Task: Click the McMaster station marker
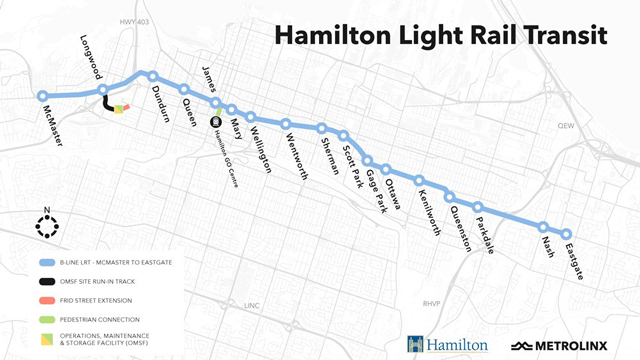coord(42,96)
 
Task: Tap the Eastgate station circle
coord(567,230)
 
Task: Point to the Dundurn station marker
coord(153,76)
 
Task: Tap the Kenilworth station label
coord(429,209)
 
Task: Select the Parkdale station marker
coord(479,208)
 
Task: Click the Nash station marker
coord(543,226)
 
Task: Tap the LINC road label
coord(251,305)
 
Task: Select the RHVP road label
coord(432,303)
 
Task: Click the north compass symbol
coord(46,225)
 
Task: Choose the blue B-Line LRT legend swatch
coord(44,263)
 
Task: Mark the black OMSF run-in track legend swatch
coord(44,281)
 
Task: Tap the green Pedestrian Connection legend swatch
coord(44,318)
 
